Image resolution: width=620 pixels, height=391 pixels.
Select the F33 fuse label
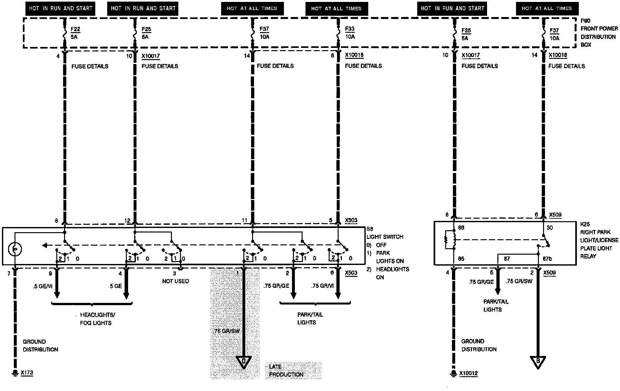click(x=350, y=29)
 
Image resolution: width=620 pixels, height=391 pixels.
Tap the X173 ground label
click(x=27, y=373)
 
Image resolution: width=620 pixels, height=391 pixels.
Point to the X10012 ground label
click(x=468, y=374)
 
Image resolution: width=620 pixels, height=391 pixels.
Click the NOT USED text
click(x=175, y=281)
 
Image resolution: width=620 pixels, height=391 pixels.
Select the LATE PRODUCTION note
click(x=286, y=370)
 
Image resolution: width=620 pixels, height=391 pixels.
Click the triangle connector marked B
click(x=538, y=362)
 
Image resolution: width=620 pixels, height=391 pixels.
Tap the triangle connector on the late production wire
click(x=244, y=362)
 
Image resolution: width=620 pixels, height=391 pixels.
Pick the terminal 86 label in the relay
click(x=461, y=228)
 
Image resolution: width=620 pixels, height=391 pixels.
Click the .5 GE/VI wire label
click(x=42, y=286)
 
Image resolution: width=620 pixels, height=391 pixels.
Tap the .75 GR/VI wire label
click(x=322, y=286)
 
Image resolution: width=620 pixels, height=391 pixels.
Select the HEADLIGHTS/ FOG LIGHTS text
click(x=96, y=319)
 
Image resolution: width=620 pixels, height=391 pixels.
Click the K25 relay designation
click(x=585, y=224)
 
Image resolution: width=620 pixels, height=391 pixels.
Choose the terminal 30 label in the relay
click(x=550, y=228)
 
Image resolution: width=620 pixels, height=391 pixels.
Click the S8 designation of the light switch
click(x=370, y=229)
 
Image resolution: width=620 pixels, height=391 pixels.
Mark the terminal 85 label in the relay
click(x=461, y=259)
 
